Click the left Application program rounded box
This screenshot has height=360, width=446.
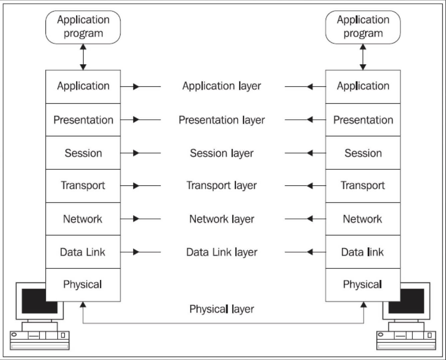click(x=83, y=27)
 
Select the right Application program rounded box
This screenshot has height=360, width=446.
click(x=363, y=27)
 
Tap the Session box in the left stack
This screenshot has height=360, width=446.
click(x=83, y=153)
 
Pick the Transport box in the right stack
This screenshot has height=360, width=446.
click(x=363, y=186)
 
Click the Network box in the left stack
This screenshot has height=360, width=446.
click(x=83, y=219)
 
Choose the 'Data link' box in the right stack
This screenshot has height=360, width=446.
click(x=363, y=252)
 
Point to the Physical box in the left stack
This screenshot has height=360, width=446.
click(x=83, y=285)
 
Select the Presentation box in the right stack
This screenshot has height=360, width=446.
click(x=363, y=120)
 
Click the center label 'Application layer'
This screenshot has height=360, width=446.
click(x=222, y=86)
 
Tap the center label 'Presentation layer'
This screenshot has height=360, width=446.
click(x=222, y=120)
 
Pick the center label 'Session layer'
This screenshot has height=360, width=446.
click(x=222, y=153)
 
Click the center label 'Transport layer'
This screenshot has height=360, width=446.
click(x=222, y=186)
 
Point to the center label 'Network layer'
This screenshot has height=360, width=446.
click(x=222, y=219)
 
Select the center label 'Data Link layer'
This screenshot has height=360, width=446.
click(x=222, y=252)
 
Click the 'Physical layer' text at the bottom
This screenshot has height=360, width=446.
click(x=222, y=309)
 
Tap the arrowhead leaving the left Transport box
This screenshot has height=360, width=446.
click(x=136, y=186)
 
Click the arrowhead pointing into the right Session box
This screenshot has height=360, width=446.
click(x=310, y=153)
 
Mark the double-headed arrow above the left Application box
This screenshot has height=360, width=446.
click(x=83, y=57)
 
